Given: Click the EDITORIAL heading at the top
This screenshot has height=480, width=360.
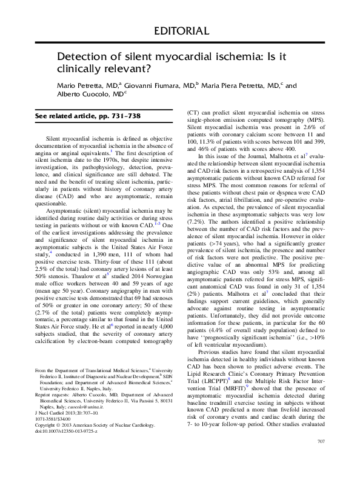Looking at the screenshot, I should [180, 30].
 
